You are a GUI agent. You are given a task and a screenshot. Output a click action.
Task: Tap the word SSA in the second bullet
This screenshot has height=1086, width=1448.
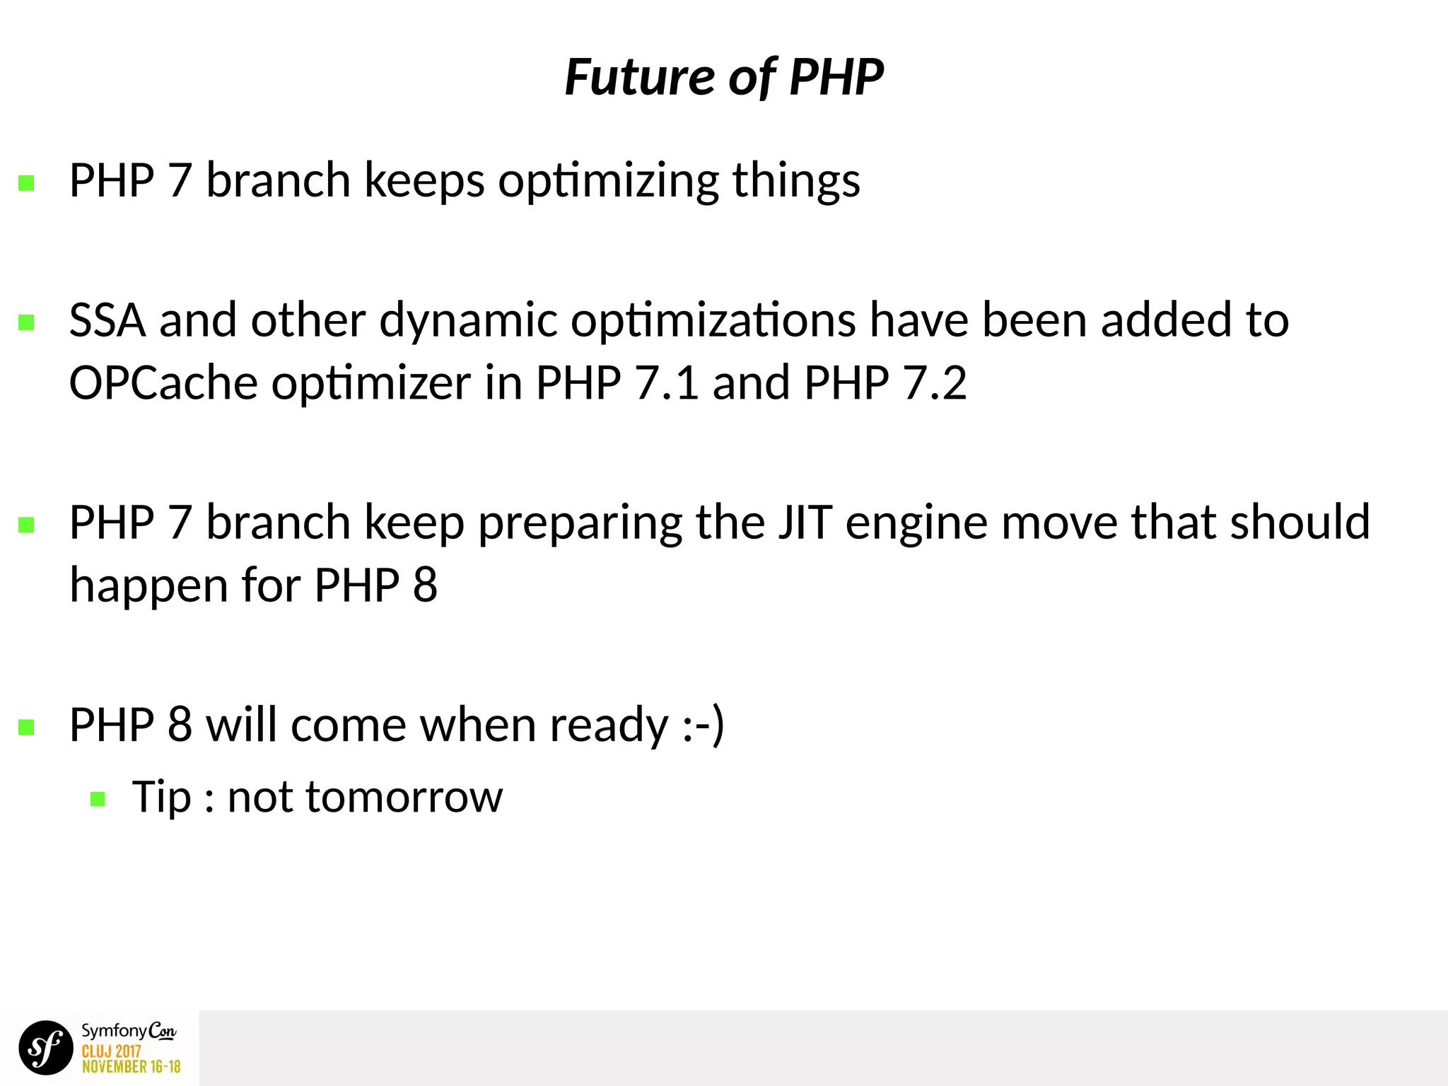coord(107,320)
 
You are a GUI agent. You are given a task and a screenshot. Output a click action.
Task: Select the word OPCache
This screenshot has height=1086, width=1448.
coord(163,383)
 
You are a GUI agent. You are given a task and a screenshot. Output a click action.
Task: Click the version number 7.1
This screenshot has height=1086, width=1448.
coord(667,383)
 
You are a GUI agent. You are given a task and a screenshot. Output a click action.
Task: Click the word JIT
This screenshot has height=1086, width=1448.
coord(805,522)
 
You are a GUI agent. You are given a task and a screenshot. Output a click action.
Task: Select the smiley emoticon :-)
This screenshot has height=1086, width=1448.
coord(703,725)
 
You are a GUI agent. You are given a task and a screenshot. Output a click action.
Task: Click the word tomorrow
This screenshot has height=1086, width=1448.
coord(365,798)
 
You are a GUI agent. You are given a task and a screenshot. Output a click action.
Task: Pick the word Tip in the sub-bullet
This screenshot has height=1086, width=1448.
coord(161,798)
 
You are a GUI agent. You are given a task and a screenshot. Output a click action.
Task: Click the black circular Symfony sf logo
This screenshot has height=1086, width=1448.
coord(46,1047)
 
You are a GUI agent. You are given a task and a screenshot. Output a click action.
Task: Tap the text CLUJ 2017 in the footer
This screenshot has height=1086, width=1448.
coord(111,1051)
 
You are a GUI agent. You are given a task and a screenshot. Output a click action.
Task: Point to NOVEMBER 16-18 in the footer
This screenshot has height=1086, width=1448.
coord(132,1067)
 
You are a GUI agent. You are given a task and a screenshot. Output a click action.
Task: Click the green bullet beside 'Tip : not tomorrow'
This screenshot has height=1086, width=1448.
coord(98,800)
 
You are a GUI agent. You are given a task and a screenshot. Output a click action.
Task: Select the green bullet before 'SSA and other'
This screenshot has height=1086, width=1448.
coord(26,322)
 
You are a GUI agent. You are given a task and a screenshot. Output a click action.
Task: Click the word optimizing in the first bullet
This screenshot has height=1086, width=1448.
coord(608,182)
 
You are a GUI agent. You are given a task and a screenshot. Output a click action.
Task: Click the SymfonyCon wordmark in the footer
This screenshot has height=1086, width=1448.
coord(128,1032)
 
